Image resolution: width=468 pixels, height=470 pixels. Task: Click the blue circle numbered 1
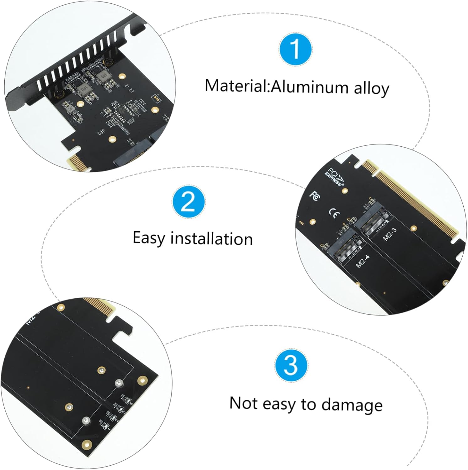point(295,50)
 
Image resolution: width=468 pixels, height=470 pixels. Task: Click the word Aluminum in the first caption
point(309,87)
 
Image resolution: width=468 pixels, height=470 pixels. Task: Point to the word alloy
point(371,89)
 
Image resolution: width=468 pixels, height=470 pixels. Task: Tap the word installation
point(211,239)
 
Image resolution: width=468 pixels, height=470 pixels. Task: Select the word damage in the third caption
point(352,405)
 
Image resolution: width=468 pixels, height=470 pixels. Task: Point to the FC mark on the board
point(315,196)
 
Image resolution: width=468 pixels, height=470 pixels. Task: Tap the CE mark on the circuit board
point(334,214)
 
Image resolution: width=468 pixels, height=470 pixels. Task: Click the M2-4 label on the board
point(363,261)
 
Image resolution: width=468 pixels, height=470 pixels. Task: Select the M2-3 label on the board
point(390,234)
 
